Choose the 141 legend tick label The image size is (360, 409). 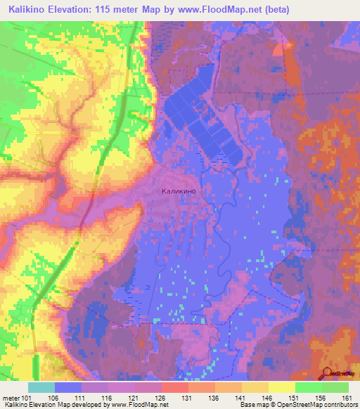242,397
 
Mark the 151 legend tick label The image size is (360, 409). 295,397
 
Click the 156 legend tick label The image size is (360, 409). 322,397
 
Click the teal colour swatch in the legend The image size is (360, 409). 41,387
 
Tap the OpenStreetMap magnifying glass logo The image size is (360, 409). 328,374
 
